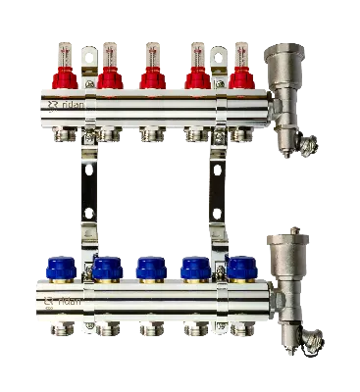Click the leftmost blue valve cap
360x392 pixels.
tap(65, 268)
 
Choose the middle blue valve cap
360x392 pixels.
tap(150, 268)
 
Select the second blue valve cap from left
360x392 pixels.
tap(107, 268)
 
